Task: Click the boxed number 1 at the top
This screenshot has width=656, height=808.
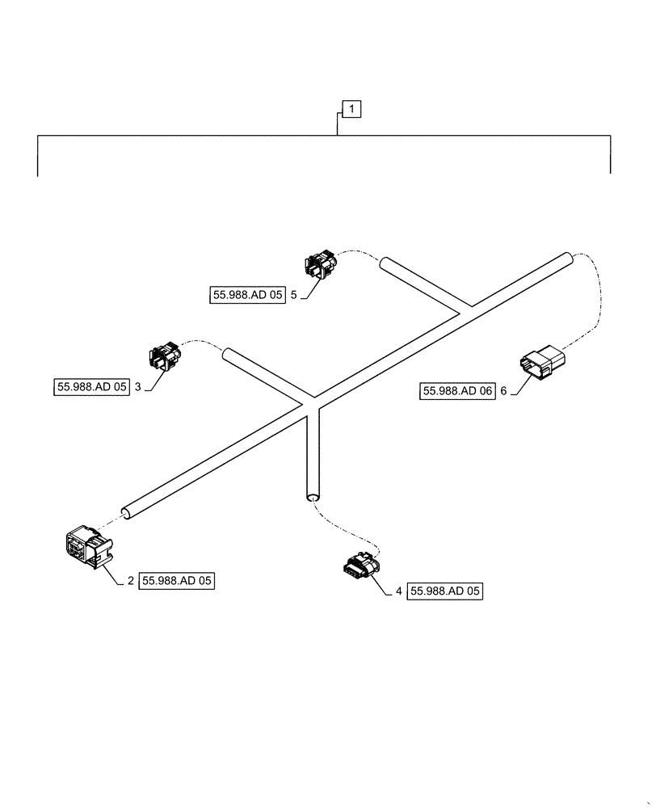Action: click(x=352, y=108)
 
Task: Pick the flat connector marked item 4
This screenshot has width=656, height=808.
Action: click(x=360, y=567)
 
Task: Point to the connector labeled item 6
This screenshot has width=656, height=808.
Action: click(x=543, y=364)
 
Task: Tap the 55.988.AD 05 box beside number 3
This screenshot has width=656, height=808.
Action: click(x=92, y=387)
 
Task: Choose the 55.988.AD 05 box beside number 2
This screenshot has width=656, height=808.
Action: click(x=179, y=581)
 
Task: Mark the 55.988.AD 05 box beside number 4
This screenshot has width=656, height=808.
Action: click(x=446, y=592)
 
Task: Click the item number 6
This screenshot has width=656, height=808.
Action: click(x=503, y=392)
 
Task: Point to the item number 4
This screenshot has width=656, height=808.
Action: click(x=398, y=592)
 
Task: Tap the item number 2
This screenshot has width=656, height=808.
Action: click(x=131, y=581)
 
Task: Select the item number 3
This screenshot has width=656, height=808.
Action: click(x=138, y=387)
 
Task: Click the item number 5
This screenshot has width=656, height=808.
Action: click(x=294, y=296)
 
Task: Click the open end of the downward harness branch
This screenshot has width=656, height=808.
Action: click(x=313, y=499)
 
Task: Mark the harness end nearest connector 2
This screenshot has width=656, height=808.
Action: click(x=126, y=511)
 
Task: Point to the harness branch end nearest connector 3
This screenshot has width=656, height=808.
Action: click(x=228, y=353)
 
